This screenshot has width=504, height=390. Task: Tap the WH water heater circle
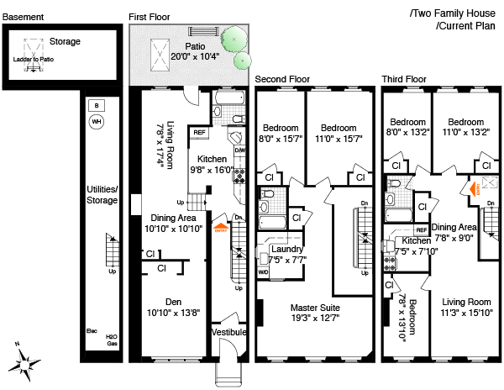(x=96, y=122)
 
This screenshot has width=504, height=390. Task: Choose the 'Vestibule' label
(x=228, y=332)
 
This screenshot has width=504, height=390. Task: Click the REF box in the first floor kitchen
(x=200, y=132)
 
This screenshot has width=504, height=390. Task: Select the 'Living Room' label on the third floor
(x=467, y=303)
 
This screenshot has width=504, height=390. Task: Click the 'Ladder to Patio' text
(x=34, y=60)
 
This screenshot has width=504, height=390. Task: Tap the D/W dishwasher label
(x=241, y=151)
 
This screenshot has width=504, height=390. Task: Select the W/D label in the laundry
(x=263, y=271)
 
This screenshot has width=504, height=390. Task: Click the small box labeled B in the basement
(x=96, y=105)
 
